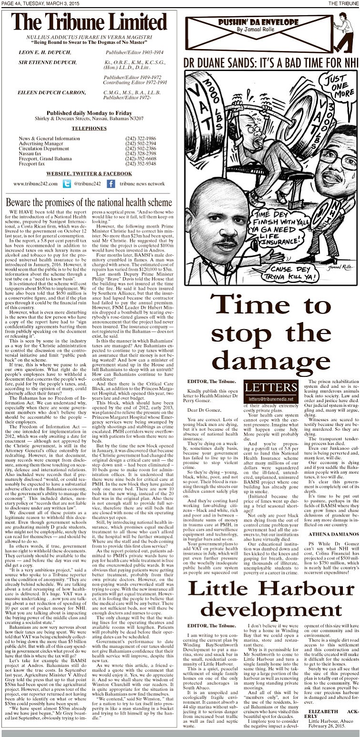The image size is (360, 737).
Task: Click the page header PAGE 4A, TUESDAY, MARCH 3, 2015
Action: (34, 3)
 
